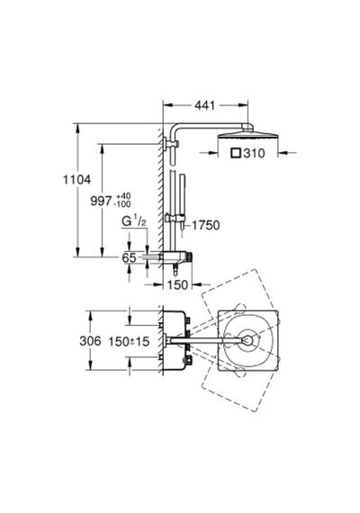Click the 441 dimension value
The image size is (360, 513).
[x=205, y=105]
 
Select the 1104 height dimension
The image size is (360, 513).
[x=76, y=180]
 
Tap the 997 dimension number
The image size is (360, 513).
[x=101, y=201]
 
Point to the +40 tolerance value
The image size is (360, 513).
[x=122, y=196]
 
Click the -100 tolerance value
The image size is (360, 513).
[x=122, y=204]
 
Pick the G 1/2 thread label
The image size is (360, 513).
[x=134, y=221]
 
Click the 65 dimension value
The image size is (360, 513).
[x=129, y=257]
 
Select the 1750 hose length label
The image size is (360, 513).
[x=205, y=225]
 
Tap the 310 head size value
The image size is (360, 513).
[x=254, y=153]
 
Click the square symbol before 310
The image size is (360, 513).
[x=236, y=153]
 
